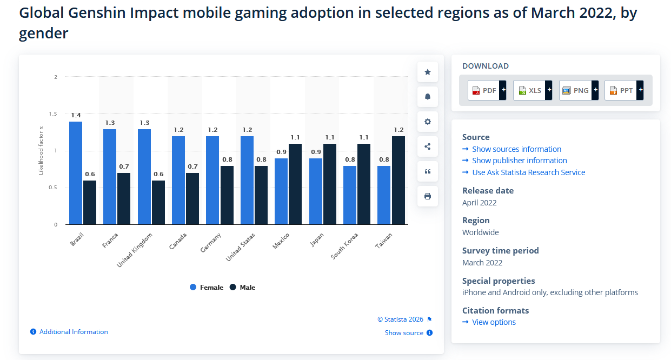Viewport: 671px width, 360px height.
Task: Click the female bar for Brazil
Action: [76, 173]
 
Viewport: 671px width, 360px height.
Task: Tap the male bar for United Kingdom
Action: [158, 202]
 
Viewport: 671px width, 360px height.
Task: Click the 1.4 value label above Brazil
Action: [76, 115]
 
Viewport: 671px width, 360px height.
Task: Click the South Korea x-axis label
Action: [345, 246]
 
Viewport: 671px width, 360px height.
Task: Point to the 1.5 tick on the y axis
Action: [53, 114]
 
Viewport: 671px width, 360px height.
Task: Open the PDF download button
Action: [487, 90]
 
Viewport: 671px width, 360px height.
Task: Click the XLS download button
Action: [532, 90]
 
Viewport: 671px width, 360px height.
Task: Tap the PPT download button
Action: [623, 90]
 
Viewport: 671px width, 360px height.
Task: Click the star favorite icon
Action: [428, 72]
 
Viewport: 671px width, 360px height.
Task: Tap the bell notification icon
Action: [428, 97]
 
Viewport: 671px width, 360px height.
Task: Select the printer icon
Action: [428, 196]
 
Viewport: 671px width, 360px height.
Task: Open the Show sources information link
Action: [516, 149]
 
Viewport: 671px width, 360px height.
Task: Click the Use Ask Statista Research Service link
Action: [528, 172]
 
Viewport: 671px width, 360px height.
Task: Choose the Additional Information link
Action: [74, 332]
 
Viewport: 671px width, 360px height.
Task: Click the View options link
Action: [494, 322]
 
